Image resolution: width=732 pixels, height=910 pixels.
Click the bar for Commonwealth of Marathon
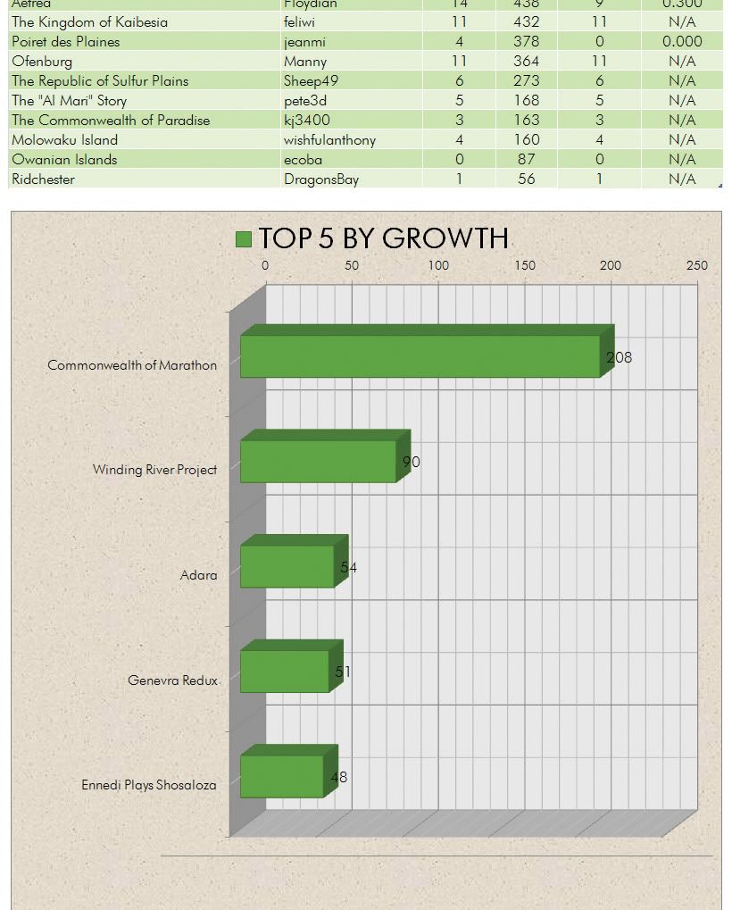[x=420, y=356]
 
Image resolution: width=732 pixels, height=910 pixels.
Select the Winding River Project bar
[x=318, y=461]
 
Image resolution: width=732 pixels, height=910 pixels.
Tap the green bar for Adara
[x=287, y=566]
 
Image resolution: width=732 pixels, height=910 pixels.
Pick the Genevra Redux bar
[x=285, y=671]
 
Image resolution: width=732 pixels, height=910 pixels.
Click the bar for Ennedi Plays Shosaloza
[x=282, y=776]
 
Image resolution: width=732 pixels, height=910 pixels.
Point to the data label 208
[x=620, y=357]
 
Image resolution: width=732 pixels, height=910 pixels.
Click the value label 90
[x=411, y=462]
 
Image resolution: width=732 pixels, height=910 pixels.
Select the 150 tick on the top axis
[x=525, y=265]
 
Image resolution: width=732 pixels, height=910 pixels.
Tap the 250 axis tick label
[x=697, y=265]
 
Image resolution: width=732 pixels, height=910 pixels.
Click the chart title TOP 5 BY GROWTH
[x=383, y=238]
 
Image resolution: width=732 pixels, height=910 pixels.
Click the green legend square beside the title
[x=244, y=238]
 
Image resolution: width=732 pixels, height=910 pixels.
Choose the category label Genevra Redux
[x=172, y=680]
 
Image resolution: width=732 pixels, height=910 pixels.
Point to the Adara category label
[x=198, y=575]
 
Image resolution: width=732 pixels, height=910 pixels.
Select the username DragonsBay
[x=321, y=179]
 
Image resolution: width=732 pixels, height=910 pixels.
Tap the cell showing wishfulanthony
[x=329, y=140]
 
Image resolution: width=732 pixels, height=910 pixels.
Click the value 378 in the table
[x=527, y=42]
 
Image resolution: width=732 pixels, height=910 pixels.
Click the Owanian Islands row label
[x=64, y=160]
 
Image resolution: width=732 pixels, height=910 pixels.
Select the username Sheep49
[x=311, y=81]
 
